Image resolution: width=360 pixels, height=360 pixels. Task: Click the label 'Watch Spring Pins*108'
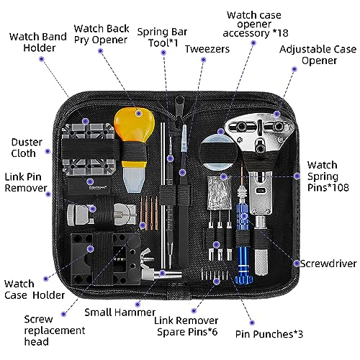(327, 176)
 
